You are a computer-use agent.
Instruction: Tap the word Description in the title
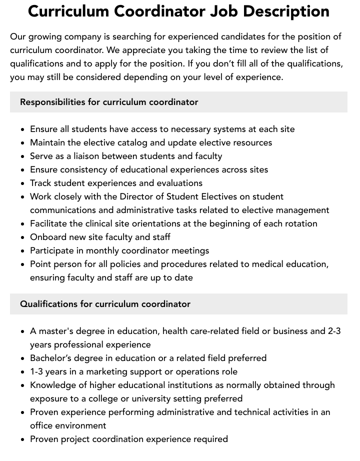click(x=286, y=11)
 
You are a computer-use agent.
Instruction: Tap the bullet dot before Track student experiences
click(x=23, y=183)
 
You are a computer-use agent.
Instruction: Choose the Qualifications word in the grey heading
click(x=49, y=304)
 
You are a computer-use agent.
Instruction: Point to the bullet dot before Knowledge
click(x=23, y=385)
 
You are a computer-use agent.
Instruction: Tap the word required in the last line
click(x=209, y=439)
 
